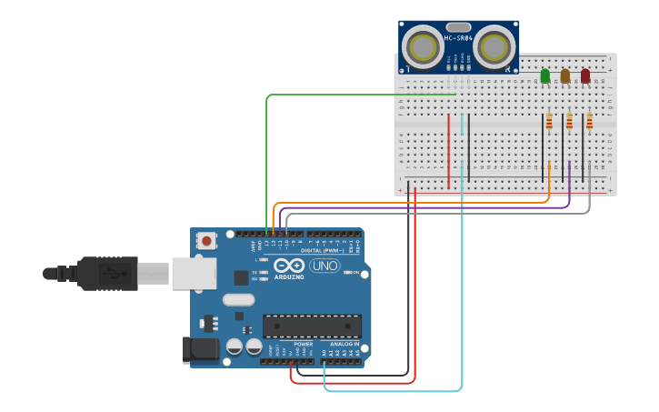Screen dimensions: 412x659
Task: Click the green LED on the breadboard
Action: (545, 76)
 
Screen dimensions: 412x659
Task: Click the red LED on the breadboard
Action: (585, 76)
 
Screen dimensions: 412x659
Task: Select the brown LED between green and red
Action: (565, 76)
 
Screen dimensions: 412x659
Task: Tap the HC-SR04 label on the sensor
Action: (458, 37)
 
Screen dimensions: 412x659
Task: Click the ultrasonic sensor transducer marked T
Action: (421, 46)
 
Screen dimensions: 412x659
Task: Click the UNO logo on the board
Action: (325, 266)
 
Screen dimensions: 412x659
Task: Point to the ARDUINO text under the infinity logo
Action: (290, 276)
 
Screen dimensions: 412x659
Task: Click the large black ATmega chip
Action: (312, 326)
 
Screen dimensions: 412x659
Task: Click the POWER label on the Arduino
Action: (304, 345)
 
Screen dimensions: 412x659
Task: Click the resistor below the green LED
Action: (549, 121)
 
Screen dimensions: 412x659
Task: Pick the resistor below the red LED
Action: (589, 121)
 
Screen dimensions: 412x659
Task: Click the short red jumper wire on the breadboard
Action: (448, 150)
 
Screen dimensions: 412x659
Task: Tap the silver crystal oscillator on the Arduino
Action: (237, 300)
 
